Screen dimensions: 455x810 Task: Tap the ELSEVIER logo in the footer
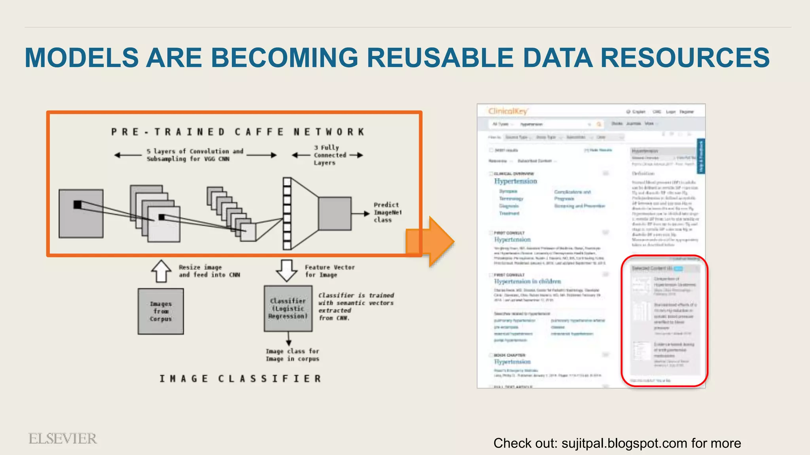pos(62,438)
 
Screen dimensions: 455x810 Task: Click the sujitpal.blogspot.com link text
pos(624,443)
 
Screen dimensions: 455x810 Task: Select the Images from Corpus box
pos(161,311)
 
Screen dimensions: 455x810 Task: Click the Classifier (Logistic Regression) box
pos(288,308)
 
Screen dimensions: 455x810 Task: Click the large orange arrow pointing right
pos(431,241)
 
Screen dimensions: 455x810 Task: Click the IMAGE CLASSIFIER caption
pos(240,378)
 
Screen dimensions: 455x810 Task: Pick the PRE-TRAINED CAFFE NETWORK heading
pos(238,132)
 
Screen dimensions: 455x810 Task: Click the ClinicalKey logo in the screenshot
pos(508,111)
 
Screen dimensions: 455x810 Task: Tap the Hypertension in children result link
pos(528,281)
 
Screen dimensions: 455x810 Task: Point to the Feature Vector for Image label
pos(329,271)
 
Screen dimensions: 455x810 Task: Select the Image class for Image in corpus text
pos(292,355)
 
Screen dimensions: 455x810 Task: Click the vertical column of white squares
pos(287,213)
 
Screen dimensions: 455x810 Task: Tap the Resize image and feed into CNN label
pos(209,271)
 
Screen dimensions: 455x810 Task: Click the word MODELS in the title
pos(82,58)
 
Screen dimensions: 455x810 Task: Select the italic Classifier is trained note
pos(356,306)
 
